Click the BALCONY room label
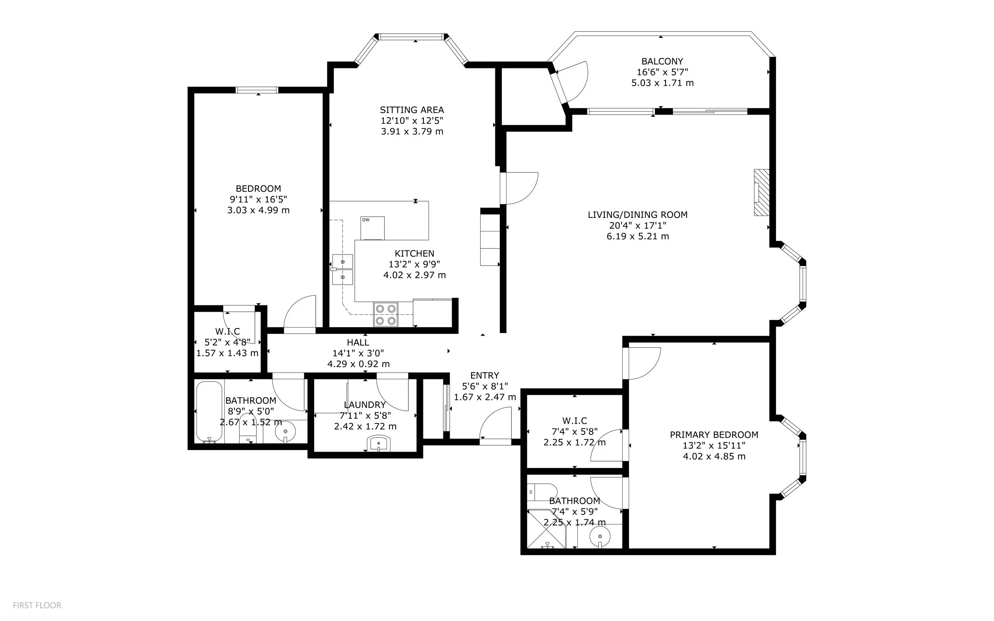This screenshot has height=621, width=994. (x=662, y=61)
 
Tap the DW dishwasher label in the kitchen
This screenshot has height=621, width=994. (x=365, y=220)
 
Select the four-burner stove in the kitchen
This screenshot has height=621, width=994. (x=386, y=314)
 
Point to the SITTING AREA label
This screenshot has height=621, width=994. (x=412, y=110)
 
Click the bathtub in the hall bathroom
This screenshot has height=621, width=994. (x=210, y=412)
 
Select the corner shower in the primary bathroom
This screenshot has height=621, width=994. (x=547, y=529)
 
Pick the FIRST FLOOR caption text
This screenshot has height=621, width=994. (x=37, y=605)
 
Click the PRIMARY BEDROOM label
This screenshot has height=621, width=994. (x=714, y=435)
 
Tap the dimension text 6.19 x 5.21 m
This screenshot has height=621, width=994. (x=638, y=236)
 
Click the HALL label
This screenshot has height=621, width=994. (x=358, y=342)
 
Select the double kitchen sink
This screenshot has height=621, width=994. (x=343, y=269)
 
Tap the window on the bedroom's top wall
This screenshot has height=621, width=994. (x=257, y=90)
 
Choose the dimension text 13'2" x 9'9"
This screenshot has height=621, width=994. (x=414, y=264)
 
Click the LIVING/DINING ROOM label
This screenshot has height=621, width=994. (x=638, y=214)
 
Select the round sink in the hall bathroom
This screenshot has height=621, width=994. (x=285, y=432)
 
